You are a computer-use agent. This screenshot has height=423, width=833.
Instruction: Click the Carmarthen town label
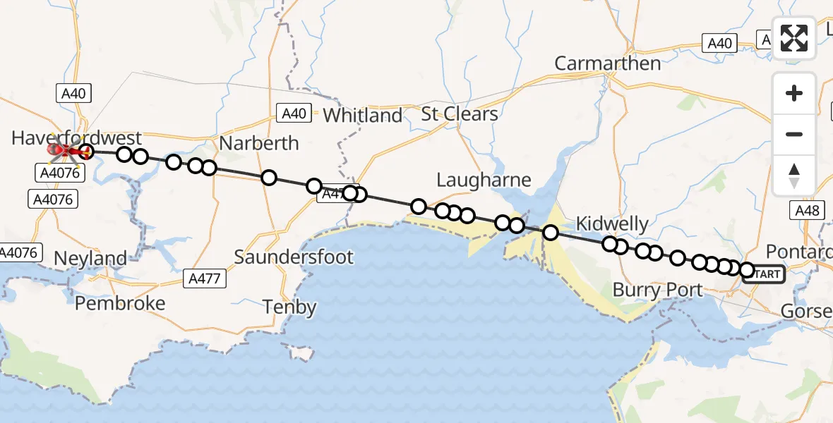coord(607,63)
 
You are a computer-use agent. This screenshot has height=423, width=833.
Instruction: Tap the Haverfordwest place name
coord(76,137)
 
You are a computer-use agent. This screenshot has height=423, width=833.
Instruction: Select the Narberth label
coord(259,143)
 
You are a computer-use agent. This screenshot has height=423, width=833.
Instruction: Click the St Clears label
coord(460,114)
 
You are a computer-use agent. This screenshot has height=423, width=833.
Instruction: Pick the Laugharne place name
coord(484,180)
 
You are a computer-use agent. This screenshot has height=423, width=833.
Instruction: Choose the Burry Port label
coord(657,290)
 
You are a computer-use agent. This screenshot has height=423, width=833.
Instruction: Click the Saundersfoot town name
coord(294,257)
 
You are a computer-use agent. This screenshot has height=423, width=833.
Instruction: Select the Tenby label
coord(289,307)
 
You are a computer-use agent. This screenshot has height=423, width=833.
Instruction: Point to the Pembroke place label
coord(120,303)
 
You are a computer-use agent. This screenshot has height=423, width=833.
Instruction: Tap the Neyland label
coord(90,259)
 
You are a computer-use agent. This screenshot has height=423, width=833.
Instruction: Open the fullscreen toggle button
coord(794,38)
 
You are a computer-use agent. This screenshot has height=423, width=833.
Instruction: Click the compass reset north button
coord(794,175)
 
